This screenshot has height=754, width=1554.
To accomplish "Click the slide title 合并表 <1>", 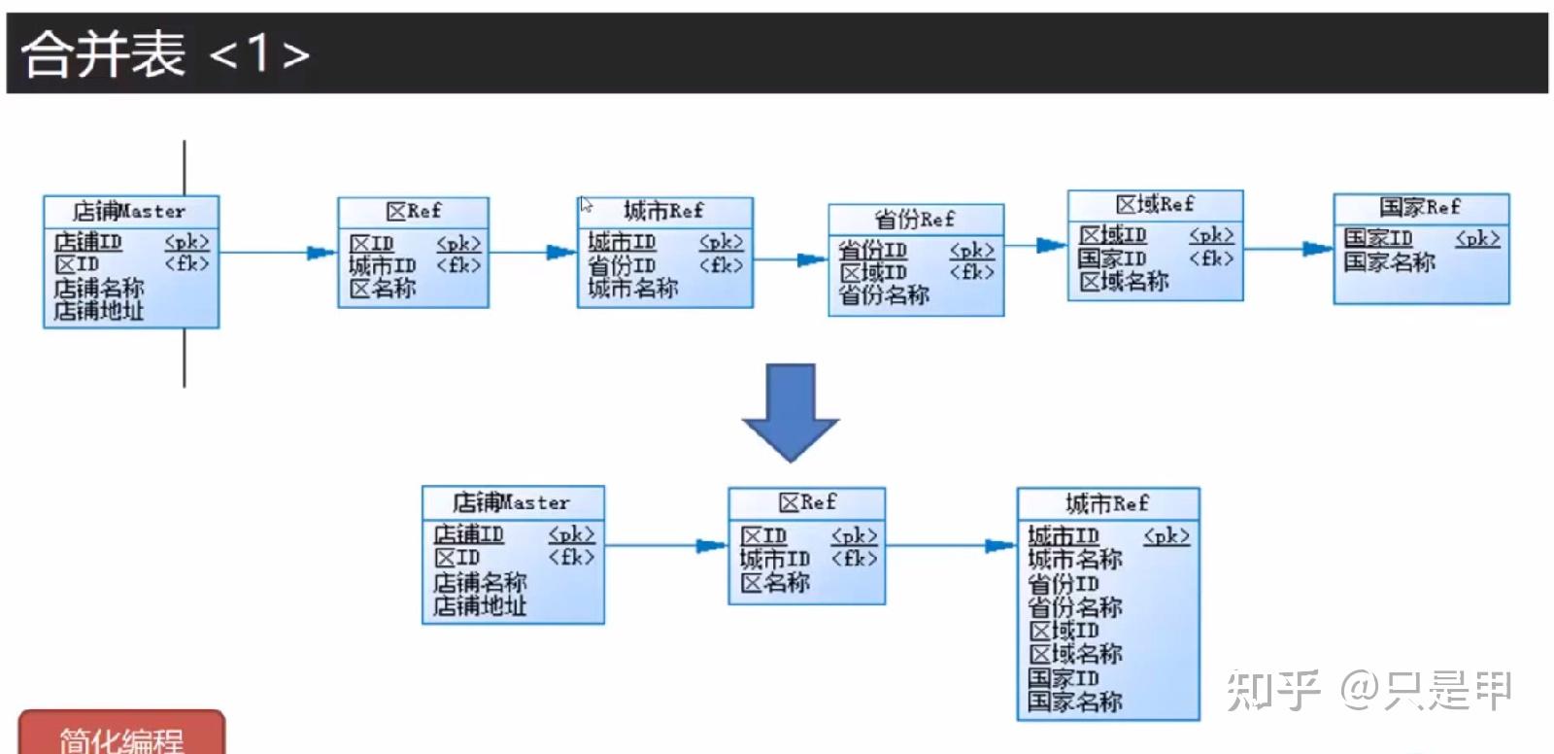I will [165, 52].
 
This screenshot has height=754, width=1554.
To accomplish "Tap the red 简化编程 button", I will [121, 736].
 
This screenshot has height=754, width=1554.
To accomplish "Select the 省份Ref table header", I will [915, 219].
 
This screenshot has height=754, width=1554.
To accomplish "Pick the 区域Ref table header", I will [1155, 205].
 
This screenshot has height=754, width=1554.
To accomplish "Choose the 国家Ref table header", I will [1420, 207].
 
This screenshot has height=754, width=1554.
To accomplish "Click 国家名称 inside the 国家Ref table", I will [1389, 261].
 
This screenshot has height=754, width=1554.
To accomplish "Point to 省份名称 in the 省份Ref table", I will [884, 295].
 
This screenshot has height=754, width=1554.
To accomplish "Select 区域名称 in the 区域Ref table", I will [1124, 282].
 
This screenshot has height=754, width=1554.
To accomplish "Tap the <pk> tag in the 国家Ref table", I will [1477, 238].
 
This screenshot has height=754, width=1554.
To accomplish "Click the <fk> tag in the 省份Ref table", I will [971, 273].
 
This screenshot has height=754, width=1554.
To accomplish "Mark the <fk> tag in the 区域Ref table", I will [1211, 258].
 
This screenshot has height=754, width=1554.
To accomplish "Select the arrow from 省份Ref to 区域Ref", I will [1035, 246].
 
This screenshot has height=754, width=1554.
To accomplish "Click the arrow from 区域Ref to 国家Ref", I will [1288, 249].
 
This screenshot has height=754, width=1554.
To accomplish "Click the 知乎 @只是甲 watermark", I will [1368, 691].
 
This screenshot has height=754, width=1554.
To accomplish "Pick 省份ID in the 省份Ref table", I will [872, 251].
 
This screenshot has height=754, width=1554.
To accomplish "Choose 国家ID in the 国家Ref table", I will [1377, 238].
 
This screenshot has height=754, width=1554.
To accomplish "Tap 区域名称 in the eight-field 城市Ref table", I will [1075, 654].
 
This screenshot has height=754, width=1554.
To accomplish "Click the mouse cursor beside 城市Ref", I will [586, 205].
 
